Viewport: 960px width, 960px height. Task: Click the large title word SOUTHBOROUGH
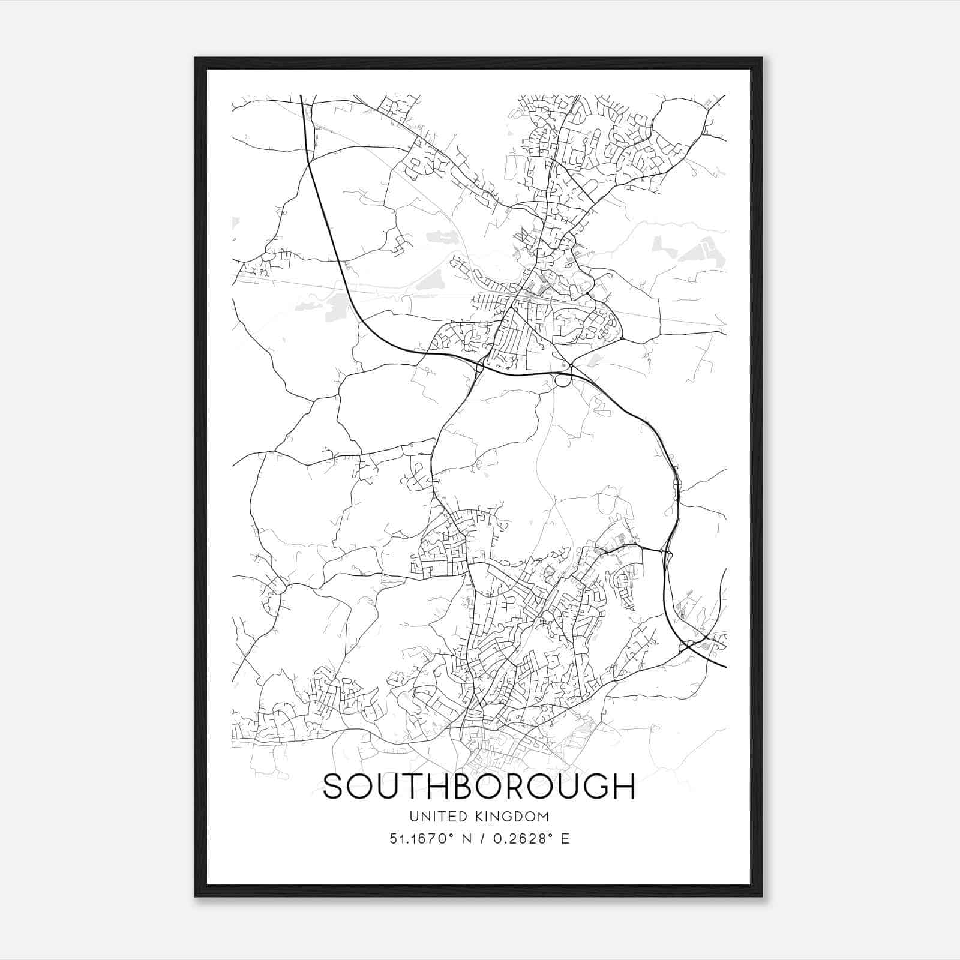pos(479,787)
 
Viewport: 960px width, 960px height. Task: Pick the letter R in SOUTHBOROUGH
pos(533,787)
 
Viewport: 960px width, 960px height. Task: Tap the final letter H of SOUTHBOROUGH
pos(623,787)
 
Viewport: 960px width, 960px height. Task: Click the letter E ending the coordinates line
pos(565,839)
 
